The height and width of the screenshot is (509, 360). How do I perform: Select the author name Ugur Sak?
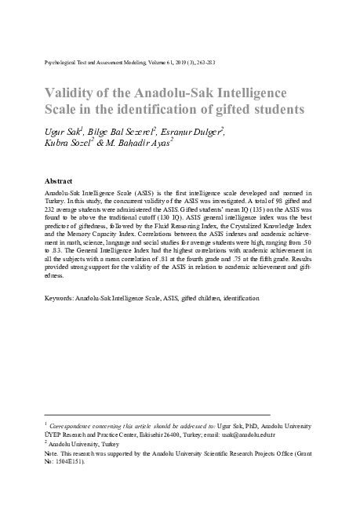click(61, 129)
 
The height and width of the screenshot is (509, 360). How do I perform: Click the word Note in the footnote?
click(52, 453)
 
